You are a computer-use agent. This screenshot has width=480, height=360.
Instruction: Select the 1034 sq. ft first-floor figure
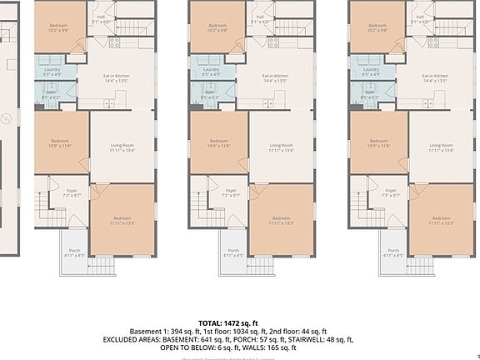[237, 331]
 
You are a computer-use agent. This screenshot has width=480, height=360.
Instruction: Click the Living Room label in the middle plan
[281, 147]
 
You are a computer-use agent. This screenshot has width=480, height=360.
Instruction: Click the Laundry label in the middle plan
[212, 71]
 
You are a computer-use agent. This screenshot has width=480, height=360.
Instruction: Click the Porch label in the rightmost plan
[393, 252]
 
